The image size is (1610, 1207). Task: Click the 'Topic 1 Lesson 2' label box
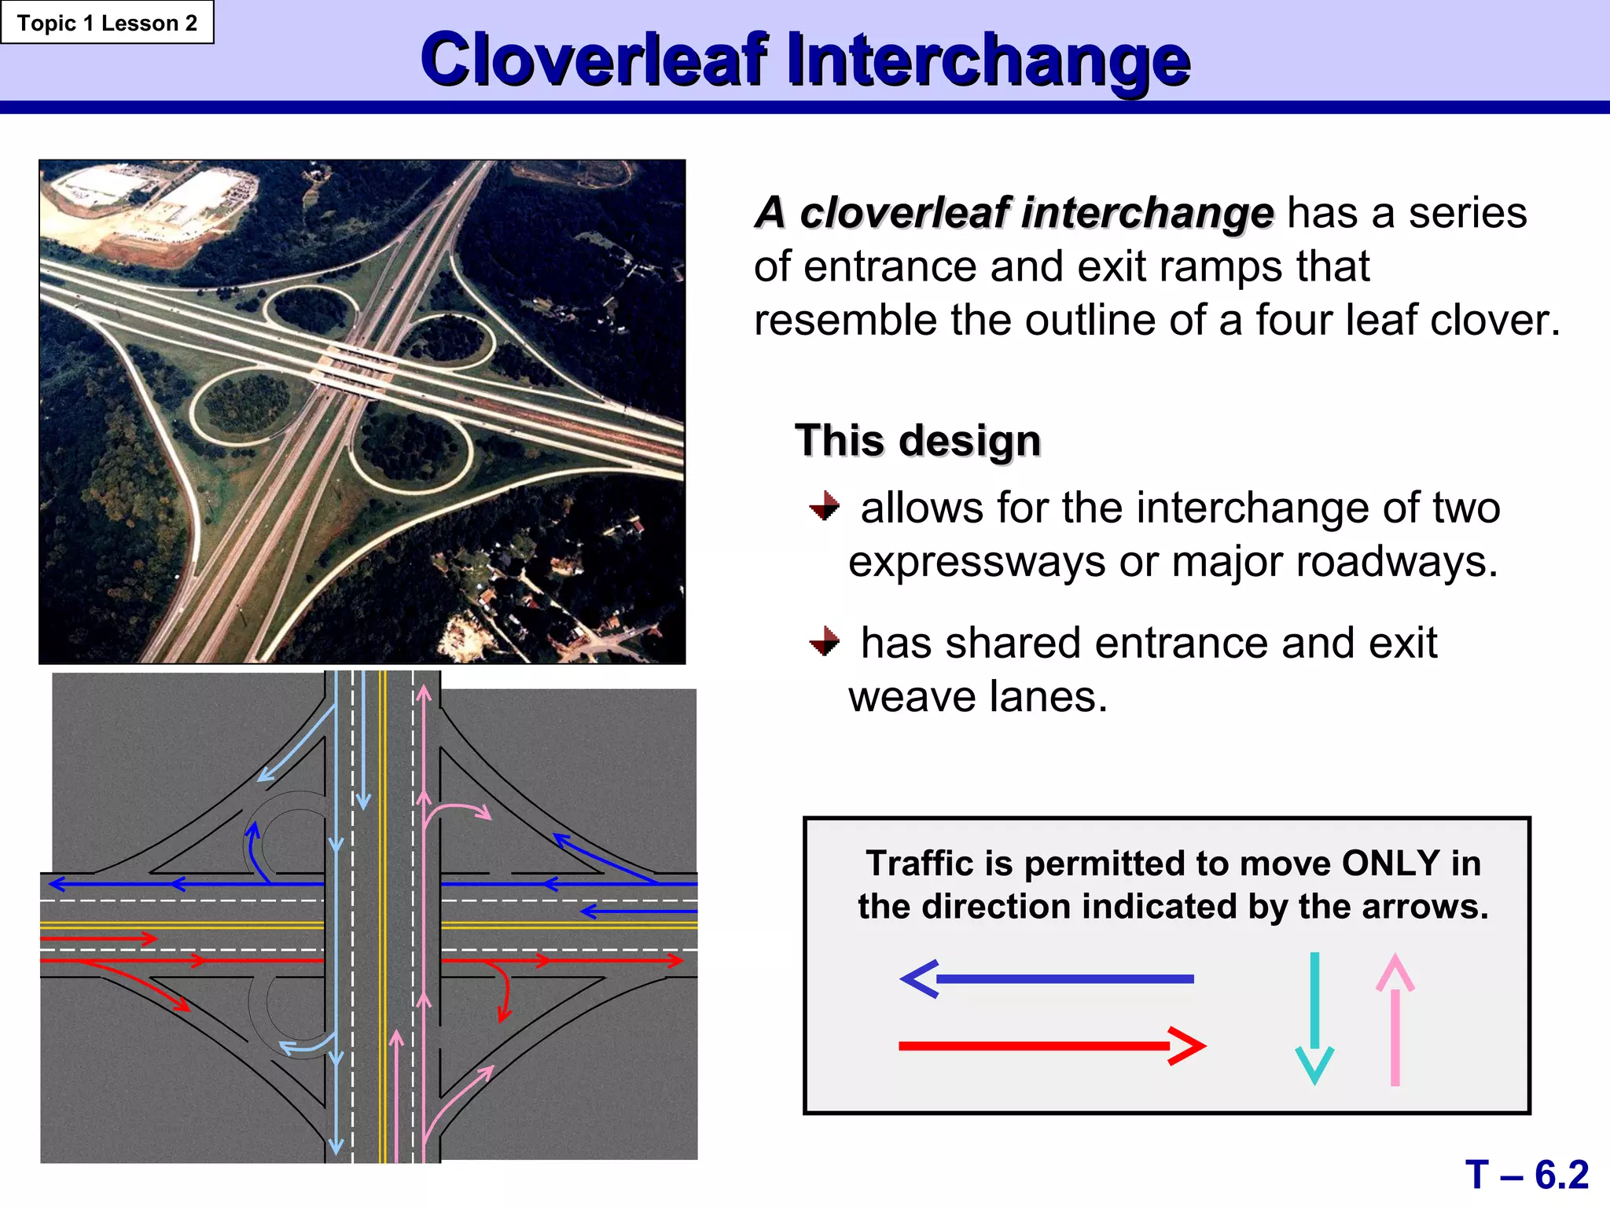(107, 23)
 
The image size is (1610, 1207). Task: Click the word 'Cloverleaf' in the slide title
(594, 60)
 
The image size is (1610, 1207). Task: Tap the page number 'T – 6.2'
(1526, 1175)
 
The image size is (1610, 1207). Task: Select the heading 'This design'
(917, 440)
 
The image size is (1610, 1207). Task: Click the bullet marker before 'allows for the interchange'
(824, 505)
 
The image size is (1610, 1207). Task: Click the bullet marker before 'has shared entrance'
(824, 640)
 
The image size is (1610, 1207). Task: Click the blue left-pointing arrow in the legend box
(1046, 979)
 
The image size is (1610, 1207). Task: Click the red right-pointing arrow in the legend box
(1051, 1046)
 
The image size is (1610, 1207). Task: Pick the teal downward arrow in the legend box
(1314, 1018)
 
